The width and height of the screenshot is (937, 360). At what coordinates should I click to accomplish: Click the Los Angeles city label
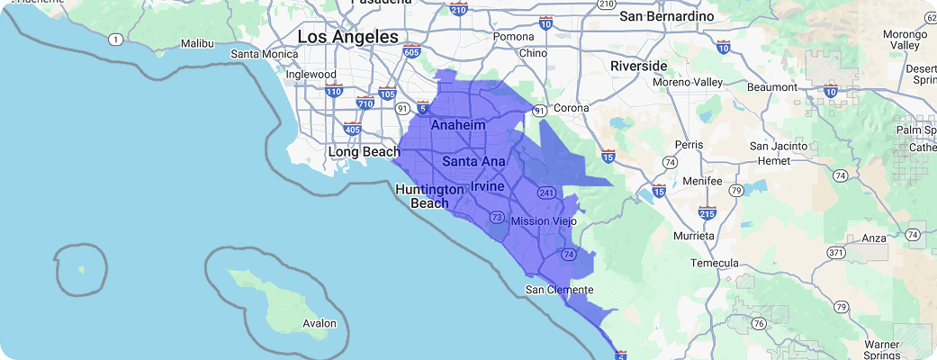347,37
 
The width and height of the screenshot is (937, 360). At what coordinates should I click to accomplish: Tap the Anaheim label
457,125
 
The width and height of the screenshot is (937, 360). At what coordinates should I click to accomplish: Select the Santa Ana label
473,162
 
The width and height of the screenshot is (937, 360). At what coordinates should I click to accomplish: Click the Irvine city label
487,185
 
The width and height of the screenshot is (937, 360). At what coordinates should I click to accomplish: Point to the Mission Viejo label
543,220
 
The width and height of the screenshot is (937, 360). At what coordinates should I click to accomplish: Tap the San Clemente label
559,290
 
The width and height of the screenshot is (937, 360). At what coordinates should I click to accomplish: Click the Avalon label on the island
319,323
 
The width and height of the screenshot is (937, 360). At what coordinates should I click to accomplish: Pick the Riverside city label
638,66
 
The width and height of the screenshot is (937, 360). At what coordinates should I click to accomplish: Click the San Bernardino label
666,16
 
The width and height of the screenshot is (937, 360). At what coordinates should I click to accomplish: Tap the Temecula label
714,263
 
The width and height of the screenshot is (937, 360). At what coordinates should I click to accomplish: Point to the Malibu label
197,42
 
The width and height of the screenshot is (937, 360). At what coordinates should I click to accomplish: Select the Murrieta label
694,236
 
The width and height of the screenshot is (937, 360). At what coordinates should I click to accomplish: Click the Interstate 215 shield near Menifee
706,213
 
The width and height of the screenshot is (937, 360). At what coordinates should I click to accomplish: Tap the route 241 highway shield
545,193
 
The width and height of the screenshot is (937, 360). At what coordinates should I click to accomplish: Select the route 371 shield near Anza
836,254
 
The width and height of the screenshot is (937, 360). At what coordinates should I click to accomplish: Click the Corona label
571,108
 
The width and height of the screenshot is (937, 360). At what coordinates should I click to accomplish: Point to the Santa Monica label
265,54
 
